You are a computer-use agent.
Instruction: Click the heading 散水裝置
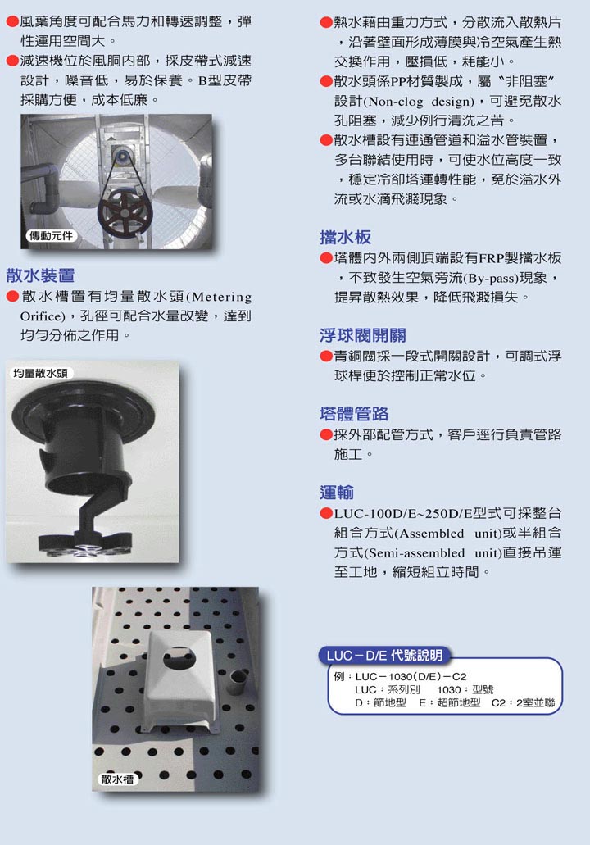click(40, 275)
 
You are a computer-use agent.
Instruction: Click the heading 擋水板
click(345, 237)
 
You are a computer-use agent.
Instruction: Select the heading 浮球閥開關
click(363, 335)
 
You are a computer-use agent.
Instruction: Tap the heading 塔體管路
click(354, 414)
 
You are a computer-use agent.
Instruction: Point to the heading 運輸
click(337, 493)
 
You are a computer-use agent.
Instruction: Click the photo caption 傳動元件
click(51, 235)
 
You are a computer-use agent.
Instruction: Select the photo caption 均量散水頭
click(40, 373)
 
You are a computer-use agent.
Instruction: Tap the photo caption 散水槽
click(117, 779)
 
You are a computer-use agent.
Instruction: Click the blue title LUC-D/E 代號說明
click(384, 656)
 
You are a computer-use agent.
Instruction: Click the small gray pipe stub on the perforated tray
click(237, 681)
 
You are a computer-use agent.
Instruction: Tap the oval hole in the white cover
click(179, 657)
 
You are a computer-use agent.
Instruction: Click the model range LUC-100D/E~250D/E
click(402, 513)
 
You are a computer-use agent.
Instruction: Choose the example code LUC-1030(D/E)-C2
click(411, 676)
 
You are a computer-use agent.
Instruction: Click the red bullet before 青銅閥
click(326, 357)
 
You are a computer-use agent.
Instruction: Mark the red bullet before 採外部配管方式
click(326, 435)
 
